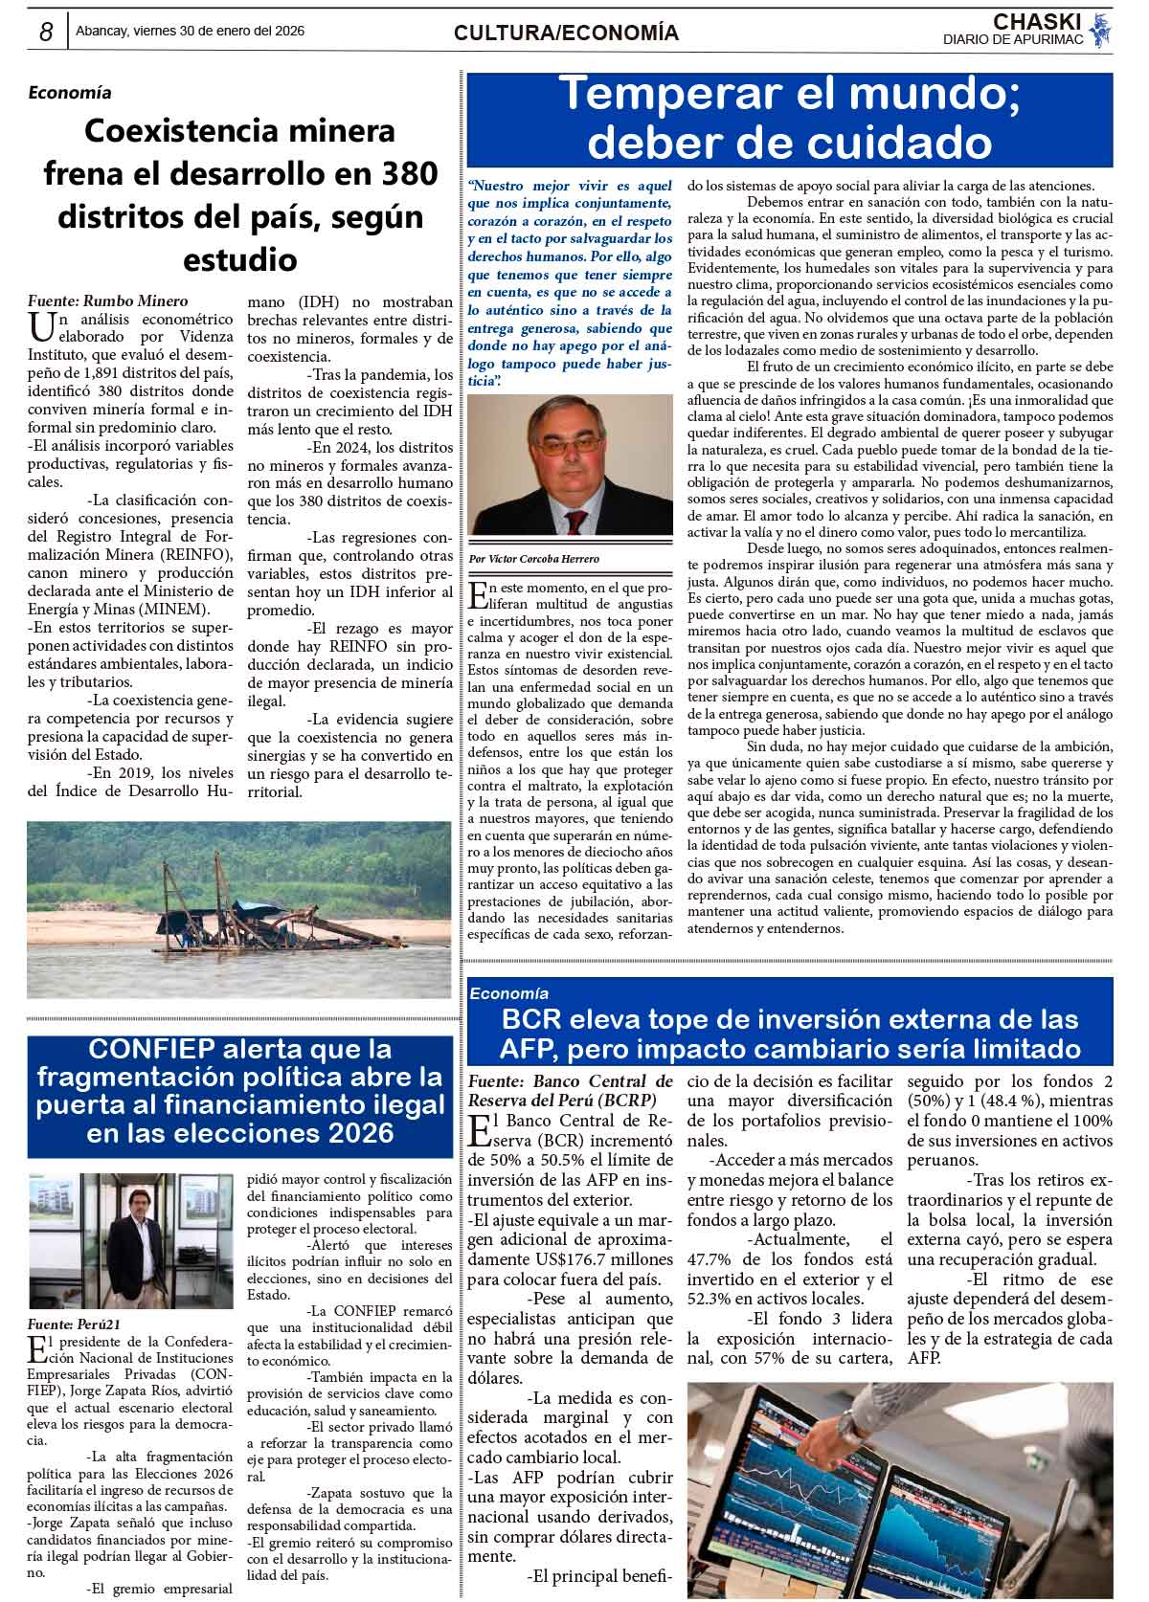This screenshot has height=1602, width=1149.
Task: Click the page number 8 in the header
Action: tap(46, 32)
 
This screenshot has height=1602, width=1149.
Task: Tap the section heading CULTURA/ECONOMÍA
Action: tap(566, 33)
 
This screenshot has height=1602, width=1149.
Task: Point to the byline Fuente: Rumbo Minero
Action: tap(108, 301)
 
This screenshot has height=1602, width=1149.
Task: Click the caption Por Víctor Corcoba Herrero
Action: tap(534, 559)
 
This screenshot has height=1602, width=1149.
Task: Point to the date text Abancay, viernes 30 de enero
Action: tap(190, 32)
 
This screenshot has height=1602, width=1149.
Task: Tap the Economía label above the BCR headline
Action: tap(508, 993)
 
